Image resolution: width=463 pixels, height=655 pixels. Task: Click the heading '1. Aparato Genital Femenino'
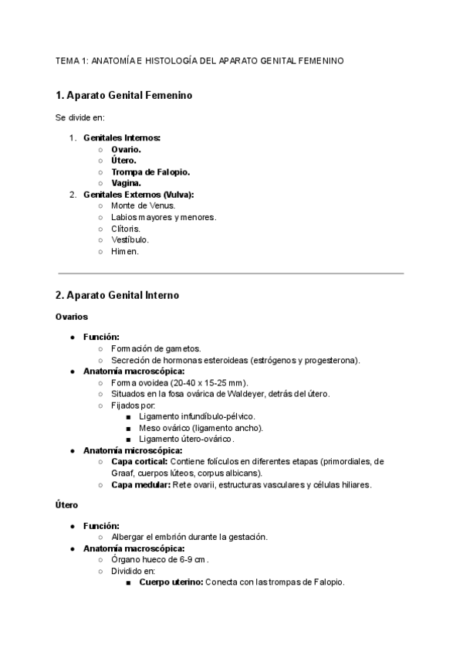pos(123,96)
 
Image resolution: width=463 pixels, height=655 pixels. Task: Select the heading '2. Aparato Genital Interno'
pos(117,295)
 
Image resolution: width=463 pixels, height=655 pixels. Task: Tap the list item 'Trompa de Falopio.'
pos(150,171)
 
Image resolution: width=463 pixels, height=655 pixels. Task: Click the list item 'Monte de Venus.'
pos(143,206)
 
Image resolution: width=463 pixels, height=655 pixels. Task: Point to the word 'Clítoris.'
pos(126,229)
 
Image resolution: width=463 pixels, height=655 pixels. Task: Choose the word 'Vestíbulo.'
pos(130,240)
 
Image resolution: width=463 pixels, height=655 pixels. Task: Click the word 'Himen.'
pos(125,252)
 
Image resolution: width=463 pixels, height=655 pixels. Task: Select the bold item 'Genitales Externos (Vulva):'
pos(138,195)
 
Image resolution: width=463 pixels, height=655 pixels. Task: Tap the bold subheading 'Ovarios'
pos(72,317)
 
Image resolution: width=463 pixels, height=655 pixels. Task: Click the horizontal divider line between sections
pos(231,273)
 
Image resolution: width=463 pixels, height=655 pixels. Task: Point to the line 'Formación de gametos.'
pos(156,348)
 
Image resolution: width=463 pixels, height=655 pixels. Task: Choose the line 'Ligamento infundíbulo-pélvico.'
pos(197,416)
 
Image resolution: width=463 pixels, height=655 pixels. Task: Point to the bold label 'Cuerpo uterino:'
pos(171,582)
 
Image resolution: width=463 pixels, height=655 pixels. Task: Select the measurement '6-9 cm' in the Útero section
pos(194,559)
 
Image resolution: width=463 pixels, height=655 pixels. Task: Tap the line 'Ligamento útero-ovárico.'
pos(186,439)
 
